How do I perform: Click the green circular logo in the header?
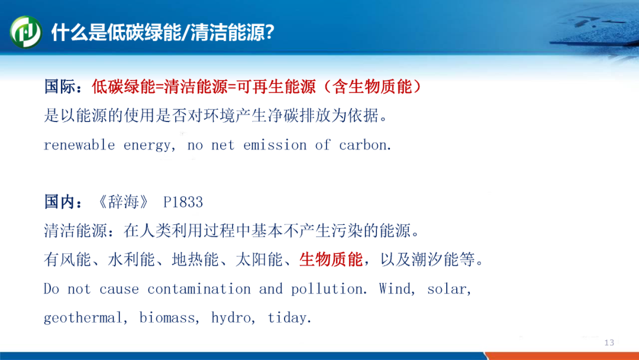(x=25, y=32)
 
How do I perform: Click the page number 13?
(x=609, y=342)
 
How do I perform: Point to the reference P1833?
(x=183, y=202)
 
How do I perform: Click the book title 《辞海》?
(x=124, y=202)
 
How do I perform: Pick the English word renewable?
(x=79, y=144)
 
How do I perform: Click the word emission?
(x=275, y=144)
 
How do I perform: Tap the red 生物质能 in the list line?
(x=331, y=259)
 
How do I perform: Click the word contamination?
(x=199, y=289)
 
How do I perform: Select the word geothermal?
(x=83, y=318)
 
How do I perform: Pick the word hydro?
(x=231, y=318)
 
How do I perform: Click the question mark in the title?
(x=269, y=32)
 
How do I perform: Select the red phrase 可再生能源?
(x=276, y=87)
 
